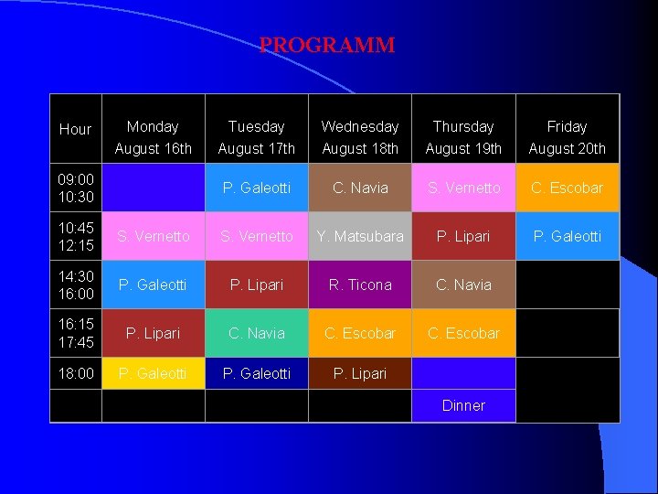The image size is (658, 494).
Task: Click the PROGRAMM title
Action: coord(327,46)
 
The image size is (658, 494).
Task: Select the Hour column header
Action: coord(75,130)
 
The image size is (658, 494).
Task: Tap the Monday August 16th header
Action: coord(153,137)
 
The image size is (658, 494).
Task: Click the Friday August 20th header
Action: coord(567,137)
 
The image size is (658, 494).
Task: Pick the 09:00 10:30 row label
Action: coord(76,188)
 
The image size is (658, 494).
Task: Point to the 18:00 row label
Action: coord(76,373)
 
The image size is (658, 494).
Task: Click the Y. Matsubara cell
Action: coord(360,236)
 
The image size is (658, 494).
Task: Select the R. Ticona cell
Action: coord(360,285)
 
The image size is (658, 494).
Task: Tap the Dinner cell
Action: coord(463,405)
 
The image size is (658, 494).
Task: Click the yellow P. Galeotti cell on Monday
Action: coord(153,373)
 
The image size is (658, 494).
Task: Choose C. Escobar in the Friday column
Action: coord(567,188)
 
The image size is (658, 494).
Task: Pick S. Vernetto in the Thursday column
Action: coord(463,188)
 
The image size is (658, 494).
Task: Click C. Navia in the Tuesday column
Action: coord(256,333)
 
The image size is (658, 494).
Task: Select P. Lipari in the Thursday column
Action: coord(463,236)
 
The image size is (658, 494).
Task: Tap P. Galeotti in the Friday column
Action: coord(567,236)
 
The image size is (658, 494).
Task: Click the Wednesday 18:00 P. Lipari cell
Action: coord(360,373)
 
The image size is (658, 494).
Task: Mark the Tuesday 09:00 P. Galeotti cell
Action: coord(256,188)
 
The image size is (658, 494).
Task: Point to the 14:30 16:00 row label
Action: coord(76,285)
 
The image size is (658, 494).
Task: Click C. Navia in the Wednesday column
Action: coord(360,188)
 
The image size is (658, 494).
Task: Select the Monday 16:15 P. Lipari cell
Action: coord(153,333)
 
